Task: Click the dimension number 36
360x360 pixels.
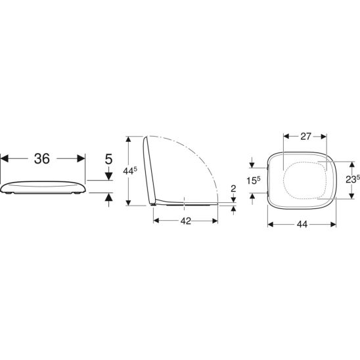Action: [x=42, y=158]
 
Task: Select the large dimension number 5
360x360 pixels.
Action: [x=108, y=159]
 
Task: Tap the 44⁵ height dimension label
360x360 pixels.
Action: [x=130, y=171]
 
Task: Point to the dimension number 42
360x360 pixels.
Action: [x=185, y=221]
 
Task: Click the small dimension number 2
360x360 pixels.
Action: [x=233, y=189]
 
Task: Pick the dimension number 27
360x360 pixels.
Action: [x=305, y=137]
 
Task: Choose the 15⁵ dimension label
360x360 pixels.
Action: [x=254, y=181]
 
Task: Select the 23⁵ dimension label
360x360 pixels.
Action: [x=353, y=179]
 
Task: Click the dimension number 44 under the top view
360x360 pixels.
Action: [x=302, y=224]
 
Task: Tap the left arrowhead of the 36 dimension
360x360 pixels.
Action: [x=5, y=158]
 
